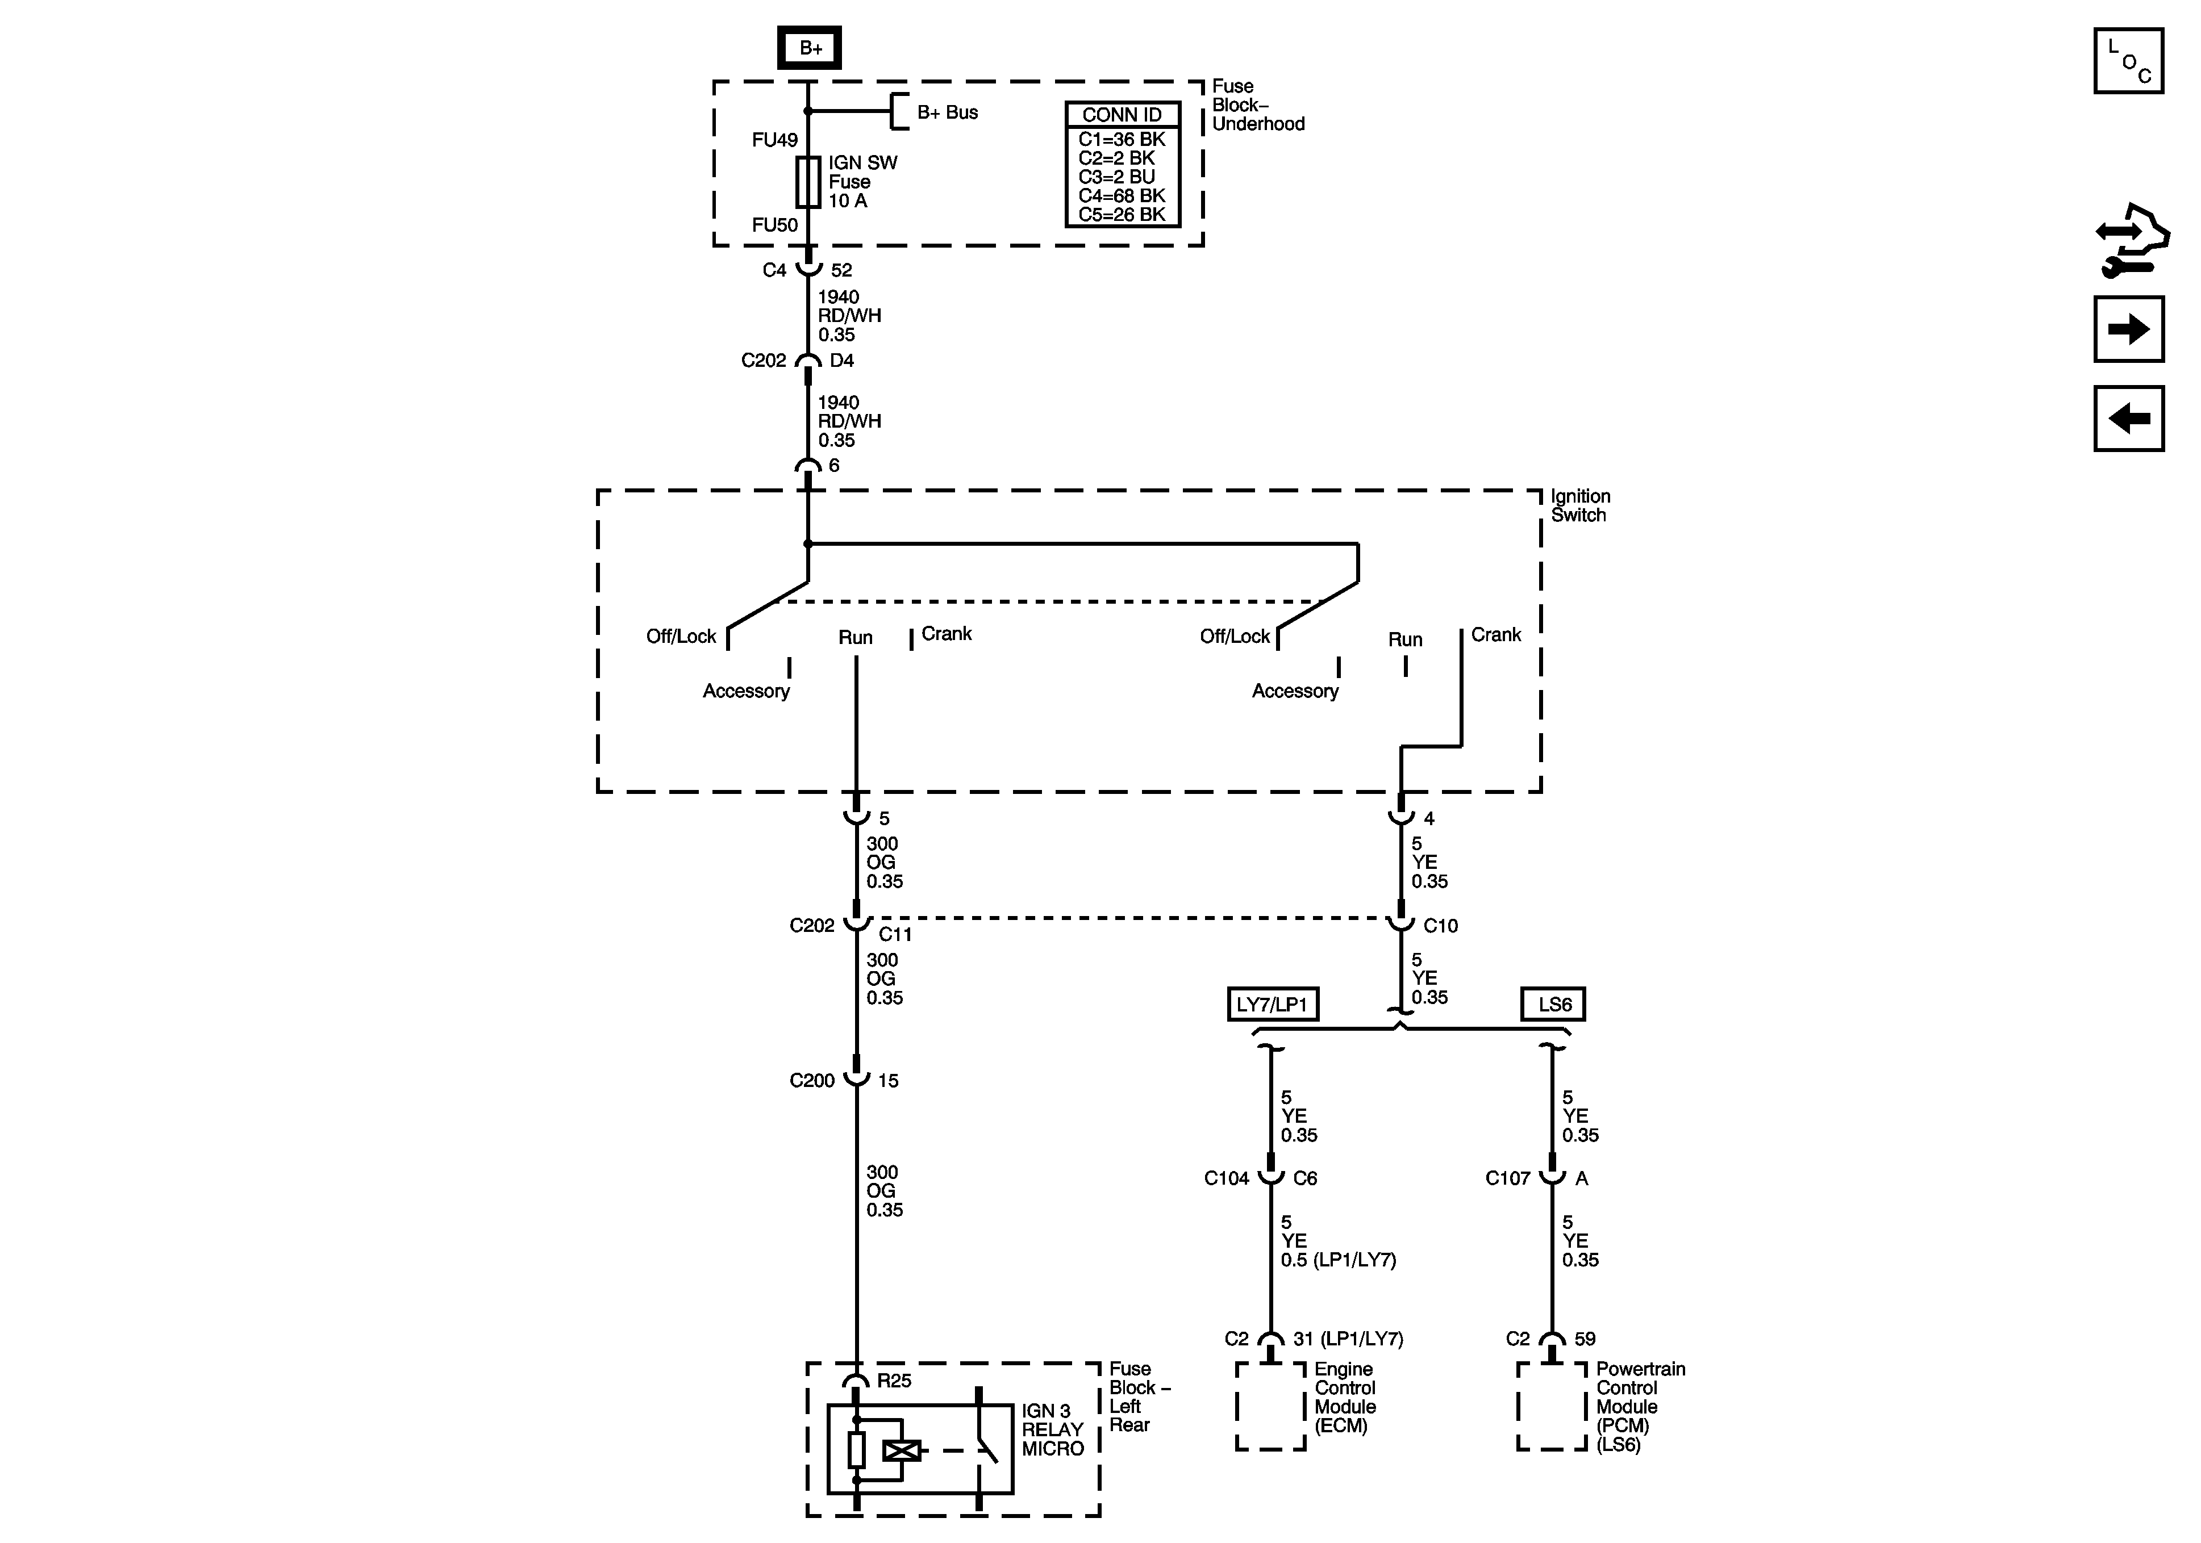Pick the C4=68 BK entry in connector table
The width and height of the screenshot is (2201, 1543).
click(1122, 195)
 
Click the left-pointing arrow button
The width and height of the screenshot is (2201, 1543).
click(2128, 418)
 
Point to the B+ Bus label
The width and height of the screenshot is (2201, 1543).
click(947, 112)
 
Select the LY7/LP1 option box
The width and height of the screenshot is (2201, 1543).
click(1272, 1005)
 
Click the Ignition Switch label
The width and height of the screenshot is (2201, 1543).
click(1580, 505)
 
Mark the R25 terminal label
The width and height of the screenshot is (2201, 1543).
click(894, 1380)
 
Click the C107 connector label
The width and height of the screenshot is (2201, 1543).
click(1507, 1178)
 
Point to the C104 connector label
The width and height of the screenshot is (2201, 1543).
click(1226, 1178)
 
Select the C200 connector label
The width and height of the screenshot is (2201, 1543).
click(812, 1080)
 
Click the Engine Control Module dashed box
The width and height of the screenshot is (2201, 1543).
click(1270, 1406)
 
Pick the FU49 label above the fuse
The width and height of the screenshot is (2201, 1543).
click(774, 140)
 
